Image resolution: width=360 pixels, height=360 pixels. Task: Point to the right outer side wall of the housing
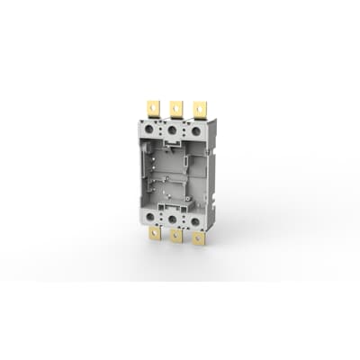212,180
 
